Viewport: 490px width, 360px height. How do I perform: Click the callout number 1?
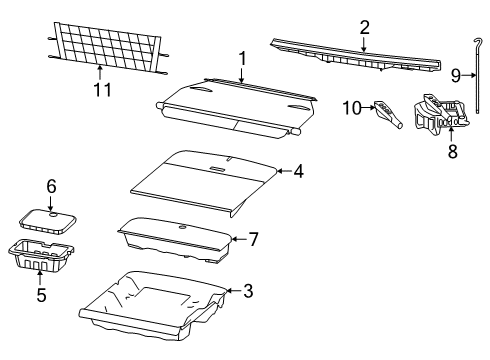241,59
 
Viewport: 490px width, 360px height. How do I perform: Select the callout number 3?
249,291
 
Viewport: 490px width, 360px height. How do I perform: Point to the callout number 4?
297,171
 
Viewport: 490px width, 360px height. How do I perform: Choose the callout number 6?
50,186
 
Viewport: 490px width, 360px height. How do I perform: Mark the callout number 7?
253,240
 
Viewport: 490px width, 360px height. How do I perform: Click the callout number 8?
451,152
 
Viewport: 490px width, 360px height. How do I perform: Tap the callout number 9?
456,74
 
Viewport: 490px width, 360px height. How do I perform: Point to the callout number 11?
99,92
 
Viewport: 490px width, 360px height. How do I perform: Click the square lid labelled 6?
50,219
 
